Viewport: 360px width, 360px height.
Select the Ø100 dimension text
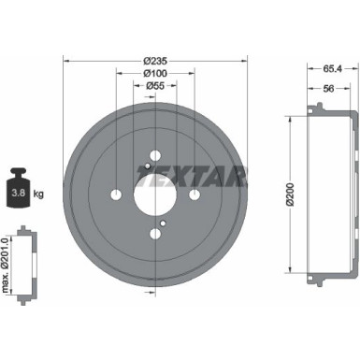[x=155, y=72]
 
